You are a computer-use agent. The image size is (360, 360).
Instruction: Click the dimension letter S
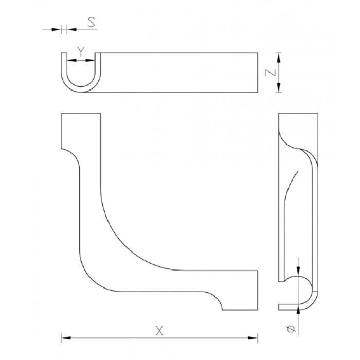pyautogui.click(x=92, y=23)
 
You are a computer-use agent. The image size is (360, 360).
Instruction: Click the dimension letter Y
pyautogui.click(x=81, y=51)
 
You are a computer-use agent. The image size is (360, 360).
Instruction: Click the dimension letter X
pyautogui.click(x=159, y=331)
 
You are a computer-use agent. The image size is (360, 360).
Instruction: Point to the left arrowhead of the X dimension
pyautogui.click(x=66, y=338)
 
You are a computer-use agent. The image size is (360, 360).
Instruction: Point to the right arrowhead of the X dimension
pyautogui.click(x=253, y=338)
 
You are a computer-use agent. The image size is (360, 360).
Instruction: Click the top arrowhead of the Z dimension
pyautogui.click(x=279, y=58)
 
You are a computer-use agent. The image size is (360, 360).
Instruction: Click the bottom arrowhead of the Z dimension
pyautogui.click(x=279, y=87)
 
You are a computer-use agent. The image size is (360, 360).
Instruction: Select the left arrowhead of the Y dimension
pyautogui.click(x=71, y=60)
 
